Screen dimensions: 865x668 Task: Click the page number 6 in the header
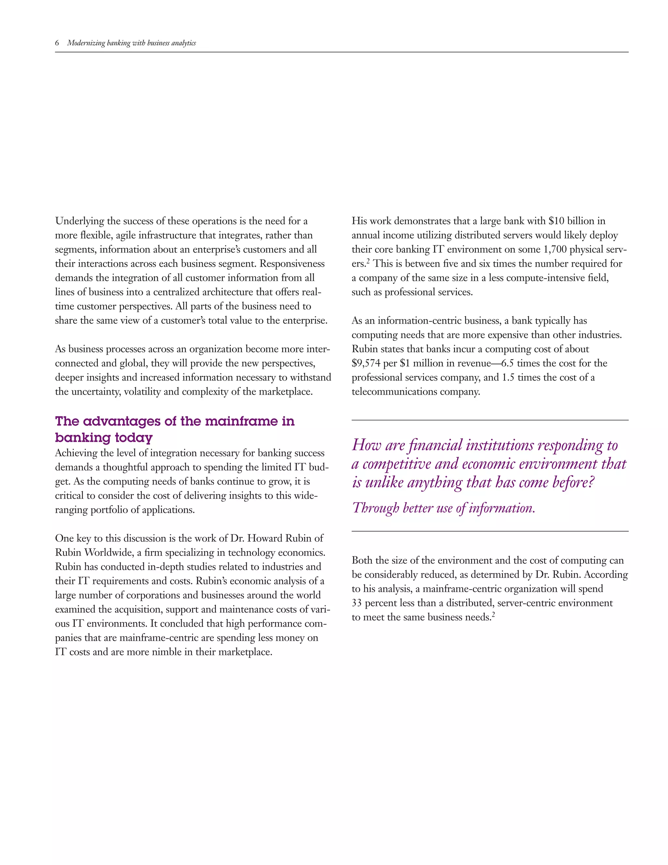(57, 43)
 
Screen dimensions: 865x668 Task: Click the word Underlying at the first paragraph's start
(74, 221)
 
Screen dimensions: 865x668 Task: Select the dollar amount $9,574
(366, 363)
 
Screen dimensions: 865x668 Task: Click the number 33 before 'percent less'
(357, 603)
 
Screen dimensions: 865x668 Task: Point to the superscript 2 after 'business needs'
(493, 615)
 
